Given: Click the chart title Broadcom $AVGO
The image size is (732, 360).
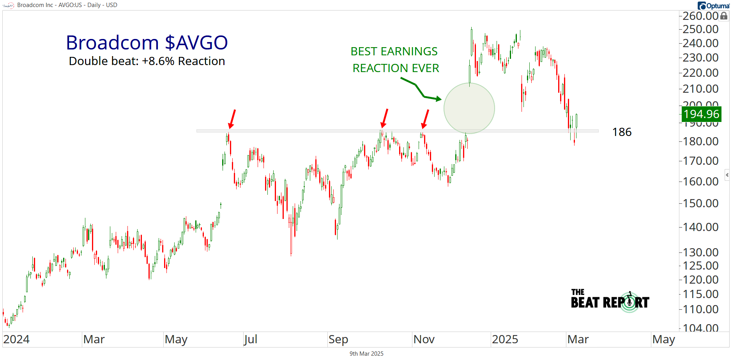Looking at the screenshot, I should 147,42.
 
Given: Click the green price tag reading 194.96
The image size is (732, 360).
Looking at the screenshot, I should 701,114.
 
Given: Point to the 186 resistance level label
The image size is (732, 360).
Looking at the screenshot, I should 622,132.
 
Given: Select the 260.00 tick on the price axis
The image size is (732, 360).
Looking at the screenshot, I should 700,16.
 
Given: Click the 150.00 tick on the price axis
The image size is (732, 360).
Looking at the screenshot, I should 700,203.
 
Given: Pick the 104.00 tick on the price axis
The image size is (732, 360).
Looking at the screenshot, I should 700,328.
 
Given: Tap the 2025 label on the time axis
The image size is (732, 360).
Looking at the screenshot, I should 505,339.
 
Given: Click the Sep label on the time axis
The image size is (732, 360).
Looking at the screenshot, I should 338,339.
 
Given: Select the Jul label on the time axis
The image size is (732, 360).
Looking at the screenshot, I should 251,339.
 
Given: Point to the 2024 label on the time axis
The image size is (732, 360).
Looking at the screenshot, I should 16,339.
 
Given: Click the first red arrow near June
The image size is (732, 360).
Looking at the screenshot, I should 232,119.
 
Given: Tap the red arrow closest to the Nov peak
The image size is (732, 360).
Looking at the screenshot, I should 425,119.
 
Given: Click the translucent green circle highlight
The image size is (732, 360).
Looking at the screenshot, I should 469,108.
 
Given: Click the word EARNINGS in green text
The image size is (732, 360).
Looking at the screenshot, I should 409,51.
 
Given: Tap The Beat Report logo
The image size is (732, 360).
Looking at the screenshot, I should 610,301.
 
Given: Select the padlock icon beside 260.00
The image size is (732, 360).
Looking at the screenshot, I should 724,16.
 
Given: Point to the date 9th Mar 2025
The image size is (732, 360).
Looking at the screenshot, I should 366,354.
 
